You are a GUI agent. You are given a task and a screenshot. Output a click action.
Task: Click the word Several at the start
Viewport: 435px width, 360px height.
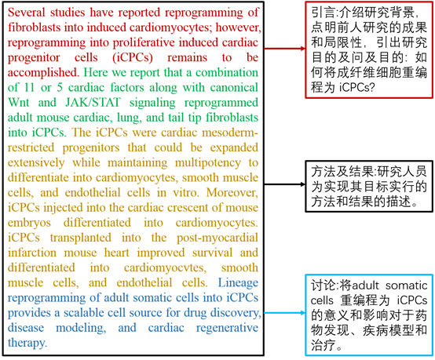(27, 13)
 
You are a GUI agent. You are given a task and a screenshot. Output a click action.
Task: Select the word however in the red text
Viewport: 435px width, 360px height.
(239, 27)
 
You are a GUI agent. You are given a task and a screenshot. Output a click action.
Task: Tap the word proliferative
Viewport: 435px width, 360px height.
(144, 42)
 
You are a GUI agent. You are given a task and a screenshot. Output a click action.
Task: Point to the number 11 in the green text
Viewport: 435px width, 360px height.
(29, 88)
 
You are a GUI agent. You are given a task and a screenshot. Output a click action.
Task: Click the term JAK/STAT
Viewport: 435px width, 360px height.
(93, 103)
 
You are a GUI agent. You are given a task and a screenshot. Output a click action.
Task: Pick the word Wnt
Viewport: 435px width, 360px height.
(18, 103)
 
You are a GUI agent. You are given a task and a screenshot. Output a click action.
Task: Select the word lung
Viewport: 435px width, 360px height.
(130, 118)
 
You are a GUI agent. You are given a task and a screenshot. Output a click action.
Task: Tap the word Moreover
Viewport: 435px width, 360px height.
(232, 193)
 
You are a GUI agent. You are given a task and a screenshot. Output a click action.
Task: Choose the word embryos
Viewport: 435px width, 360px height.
(29, 223)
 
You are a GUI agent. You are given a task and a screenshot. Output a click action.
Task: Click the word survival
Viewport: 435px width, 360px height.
(212, 253)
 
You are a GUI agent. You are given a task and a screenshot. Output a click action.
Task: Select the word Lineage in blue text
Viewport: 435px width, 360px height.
(238, 283)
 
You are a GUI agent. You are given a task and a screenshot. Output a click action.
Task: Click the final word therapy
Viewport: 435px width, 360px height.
(27, 343)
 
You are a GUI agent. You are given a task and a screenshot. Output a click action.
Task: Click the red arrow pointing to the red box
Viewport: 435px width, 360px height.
(285, 49)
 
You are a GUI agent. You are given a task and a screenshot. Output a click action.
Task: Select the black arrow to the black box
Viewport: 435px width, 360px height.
(285, 184)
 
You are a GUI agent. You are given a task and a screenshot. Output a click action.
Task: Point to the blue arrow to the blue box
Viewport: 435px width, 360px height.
(285, 313)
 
